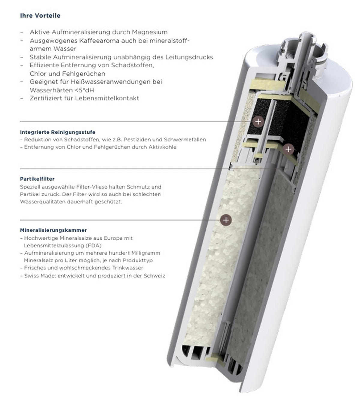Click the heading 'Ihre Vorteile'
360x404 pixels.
click(x=40, y=16)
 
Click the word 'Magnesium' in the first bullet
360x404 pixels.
click(x=150, y=32)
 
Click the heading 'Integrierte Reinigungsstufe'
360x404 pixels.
click(x=58, y=132)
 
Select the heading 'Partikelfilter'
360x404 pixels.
click(x=37, y=179)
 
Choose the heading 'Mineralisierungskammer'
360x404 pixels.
click(x=53, y=230)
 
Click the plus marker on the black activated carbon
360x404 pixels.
click(x=258, y=121)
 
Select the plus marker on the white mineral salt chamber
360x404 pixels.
click(x=226, y=220)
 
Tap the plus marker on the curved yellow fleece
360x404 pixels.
click(x=288, y=149)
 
